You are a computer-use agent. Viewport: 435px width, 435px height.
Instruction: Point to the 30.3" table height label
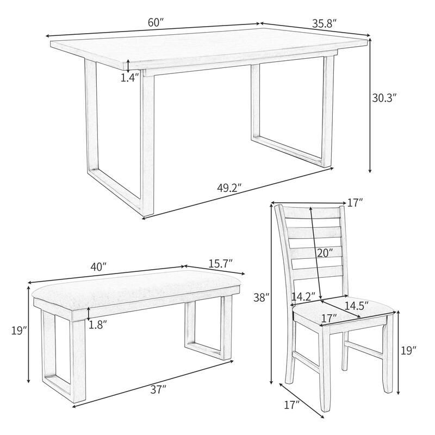pos(384,98)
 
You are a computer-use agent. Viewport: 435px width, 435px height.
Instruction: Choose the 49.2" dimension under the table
pos(229,188)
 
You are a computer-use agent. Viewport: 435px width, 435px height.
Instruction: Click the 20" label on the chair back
pos(325,252)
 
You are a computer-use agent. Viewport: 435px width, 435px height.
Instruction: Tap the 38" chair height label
pos(261,297)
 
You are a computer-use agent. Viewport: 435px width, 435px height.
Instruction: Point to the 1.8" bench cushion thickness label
pos(98,325)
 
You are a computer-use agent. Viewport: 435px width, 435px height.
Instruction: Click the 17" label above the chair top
pos(355,203)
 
